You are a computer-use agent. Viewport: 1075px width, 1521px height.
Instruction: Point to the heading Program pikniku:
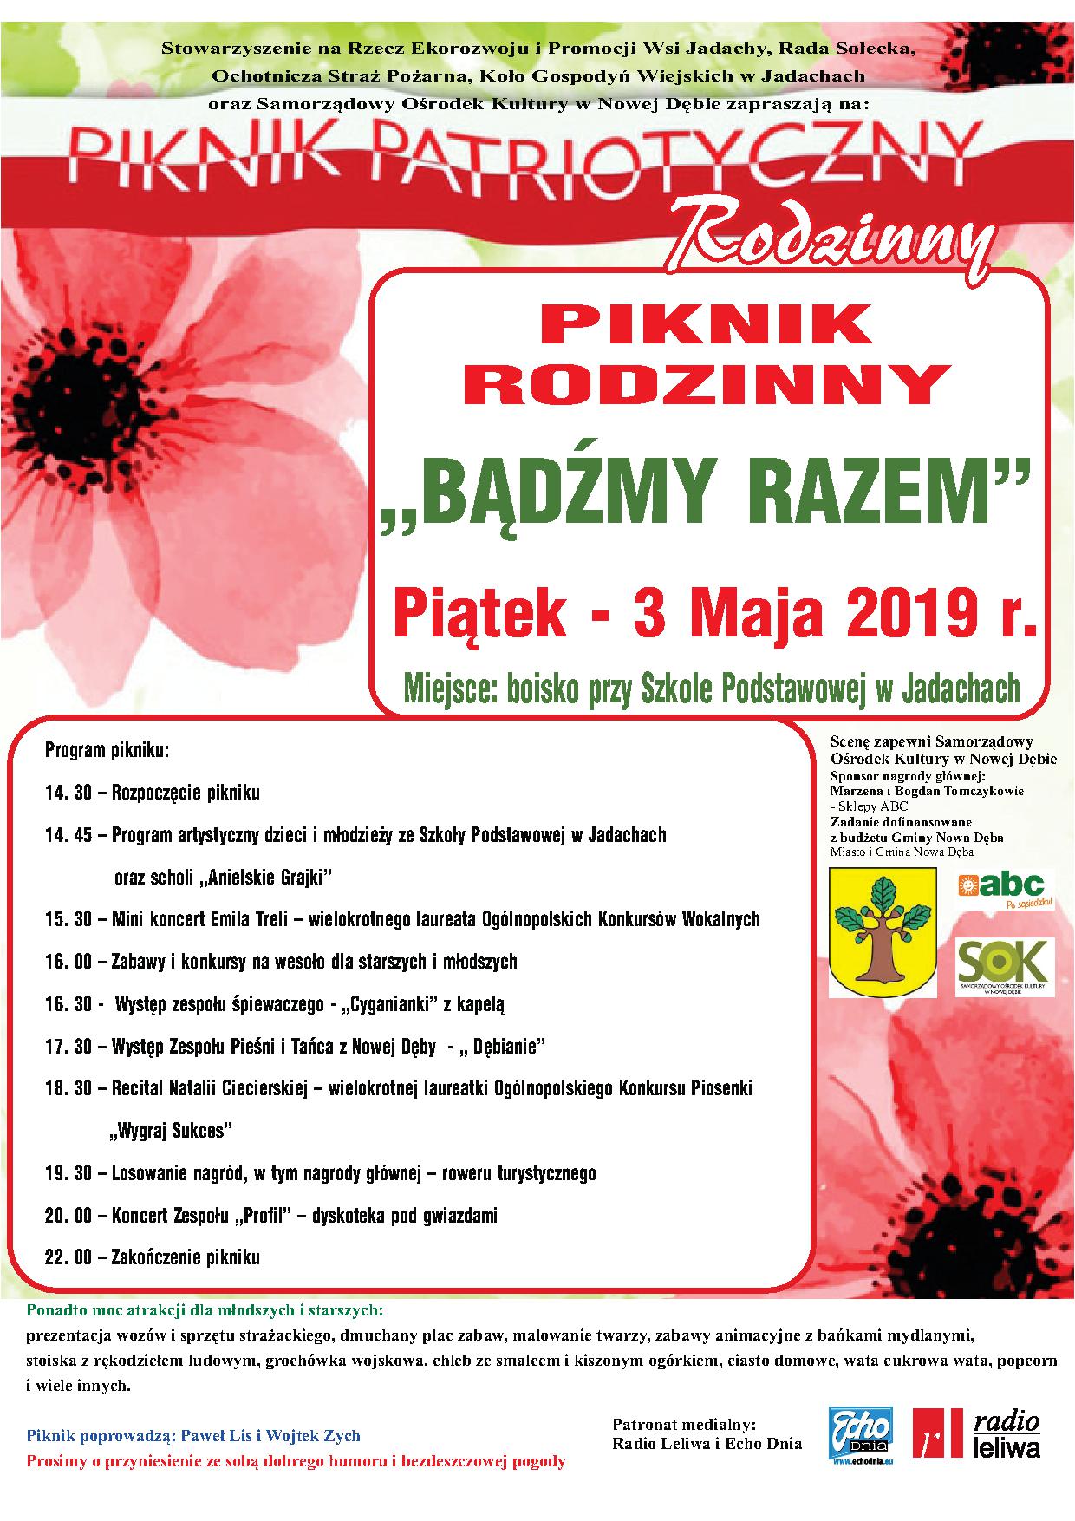107,749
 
